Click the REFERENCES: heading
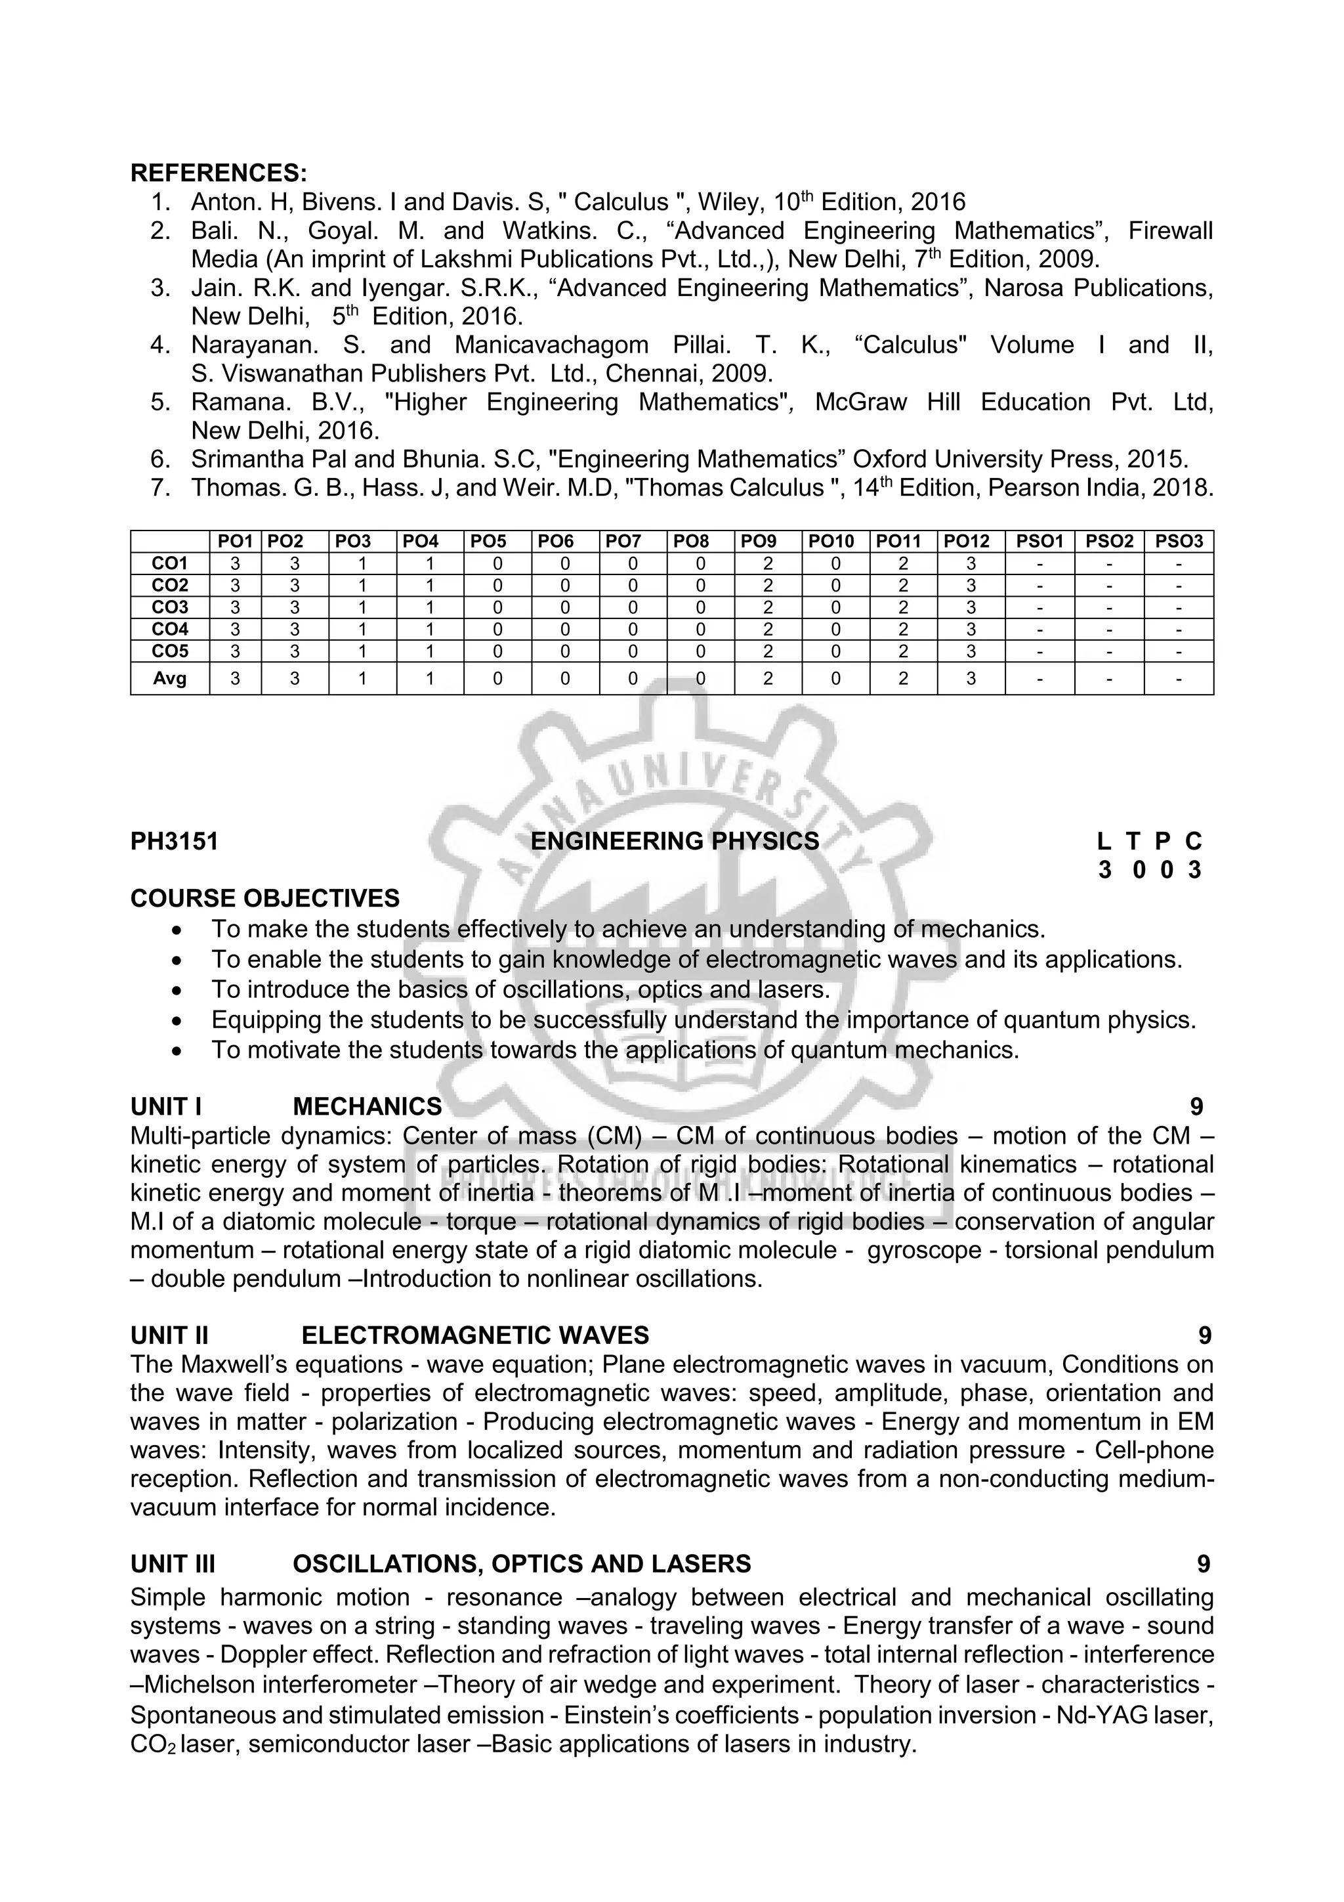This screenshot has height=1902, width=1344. coord(219,173)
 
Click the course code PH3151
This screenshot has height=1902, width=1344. coord(175,842)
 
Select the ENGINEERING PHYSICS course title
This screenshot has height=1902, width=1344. coord(674,842)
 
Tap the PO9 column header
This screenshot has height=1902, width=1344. coord(768,542)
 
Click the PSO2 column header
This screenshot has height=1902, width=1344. coord(1109,542)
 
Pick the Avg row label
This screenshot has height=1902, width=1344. coord(170,678)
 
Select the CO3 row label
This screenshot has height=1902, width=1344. coord(170,607)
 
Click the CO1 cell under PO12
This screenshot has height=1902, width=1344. coord(971,564)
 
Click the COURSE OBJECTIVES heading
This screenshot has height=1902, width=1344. coord(265,899)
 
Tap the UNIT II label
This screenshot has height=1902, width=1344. coord(169,1336)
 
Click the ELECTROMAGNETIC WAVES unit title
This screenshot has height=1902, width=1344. coord(474,1336)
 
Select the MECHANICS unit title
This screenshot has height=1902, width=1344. coord(367,1107)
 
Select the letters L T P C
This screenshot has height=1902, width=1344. coord(1149,842)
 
